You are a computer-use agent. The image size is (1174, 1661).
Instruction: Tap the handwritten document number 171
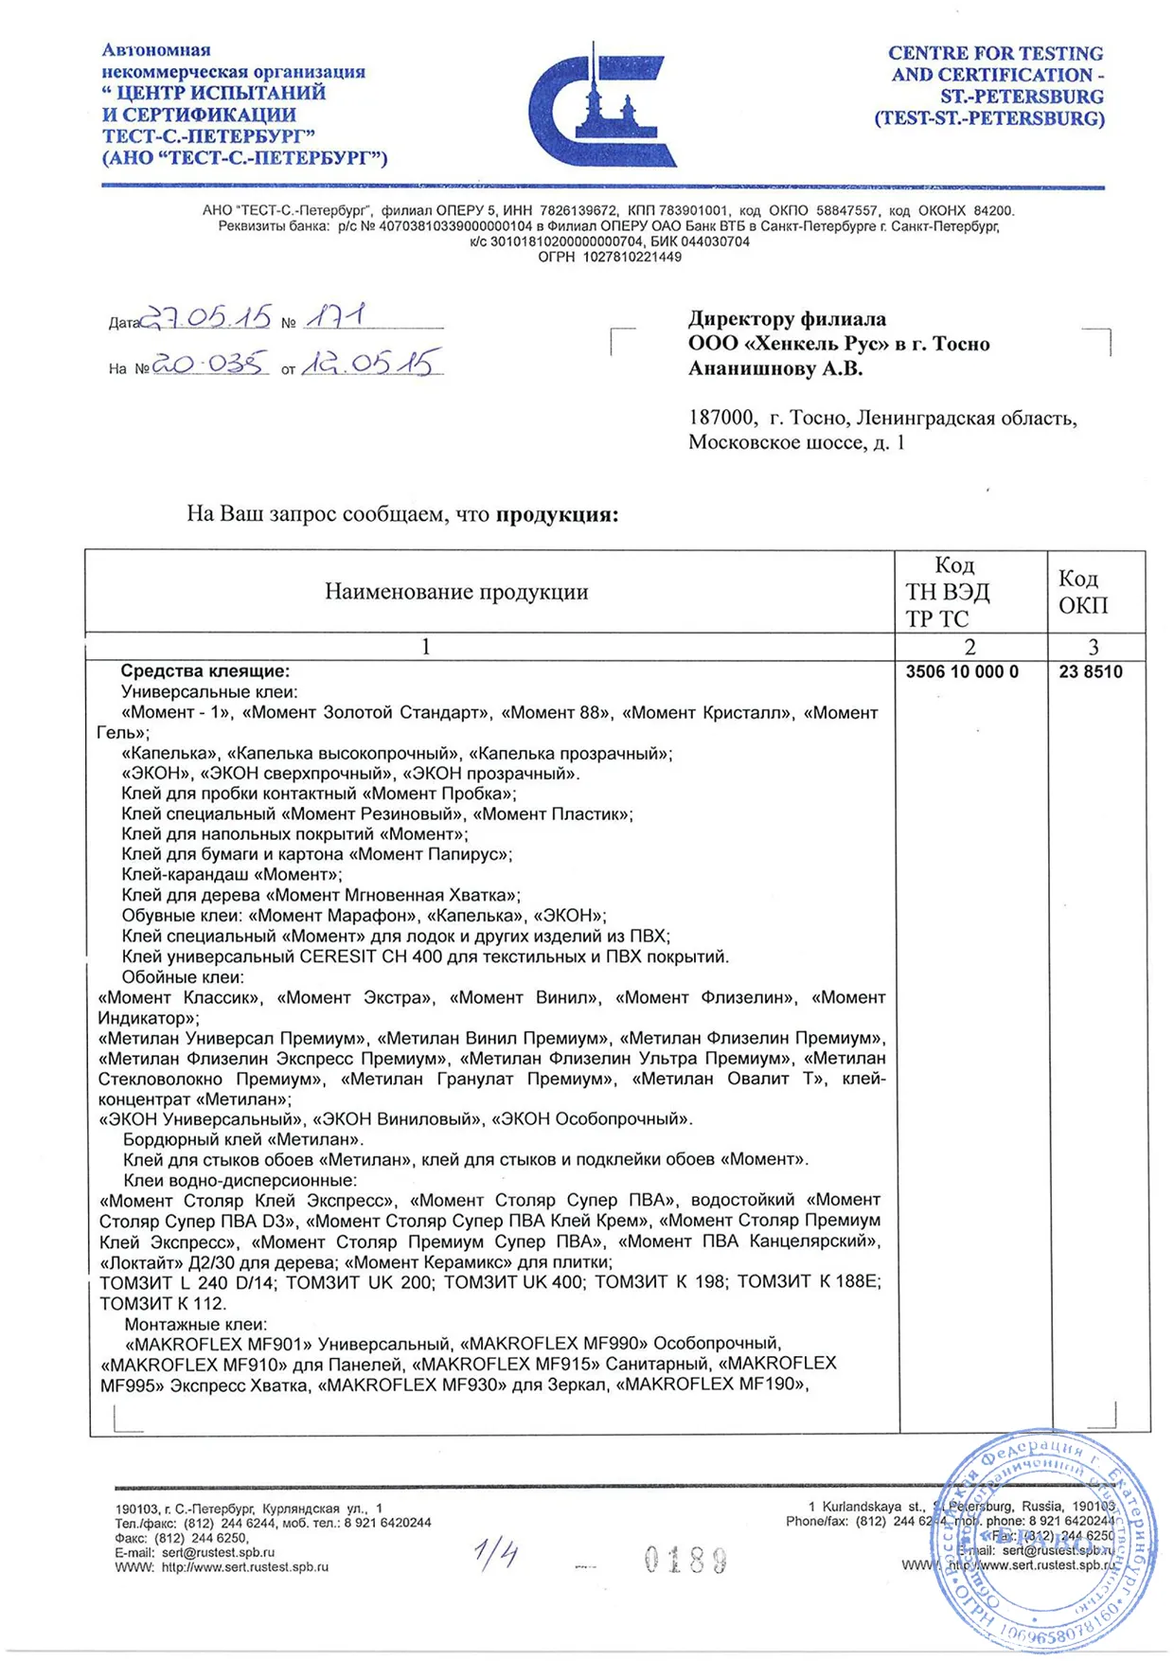coord(335,316)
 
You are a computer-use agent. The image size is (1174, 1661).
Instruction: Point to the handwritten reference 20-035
coord(210,364)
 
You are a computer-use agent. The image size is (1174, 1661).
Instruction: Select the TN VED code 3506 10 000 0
coord(962,672)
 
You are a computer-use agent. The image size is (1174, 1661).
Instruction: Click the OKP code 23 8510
coord(1091,672)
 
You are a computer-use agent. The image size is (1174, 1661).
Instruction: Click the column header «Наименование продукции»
coord(456,592)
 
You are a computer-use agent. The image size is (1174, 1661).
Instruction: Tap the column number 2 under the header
coord(969,647)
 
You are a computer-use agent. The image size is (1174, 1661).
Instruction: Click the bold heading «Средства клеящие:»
coord(205,671)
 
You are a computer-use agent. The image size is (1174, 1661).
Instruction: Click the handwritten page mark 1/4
coord(496,1554)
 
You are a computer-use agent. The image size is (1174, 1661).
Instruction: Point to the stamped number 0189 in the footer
coord(685,1560)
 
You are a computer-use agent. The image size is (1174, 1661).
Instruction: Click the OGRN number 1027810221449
coord(631,257)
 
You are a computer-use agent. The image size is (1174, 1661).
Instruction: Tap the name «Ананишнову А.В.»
coord(775,369)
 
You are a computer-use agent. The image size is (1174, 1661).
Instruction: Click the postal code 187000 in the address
coord(721,419)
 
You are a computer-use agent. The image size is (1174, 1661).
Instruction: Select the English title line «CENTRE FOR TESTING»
coord(995,54)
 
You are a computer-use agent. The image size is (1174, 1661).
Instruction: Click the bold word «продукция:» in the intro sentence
coord(557,515)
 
